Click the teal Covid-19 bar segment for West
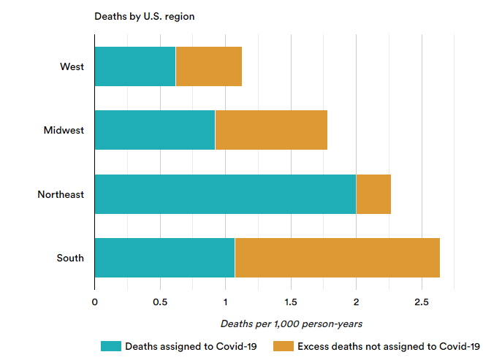point(134,66)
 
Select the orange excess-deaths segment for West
point(208,66)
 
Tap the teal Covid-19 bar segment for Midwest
point(154,130)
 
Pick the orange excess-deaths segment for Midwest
point(271,130)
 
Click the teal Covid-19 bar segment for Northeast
point(225,194)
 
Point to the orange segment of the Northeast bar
point(373,194)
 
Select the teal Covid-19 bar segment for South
point(164,258)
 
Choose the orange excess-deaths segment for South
point(338,258)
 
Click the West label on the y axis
point(72,66)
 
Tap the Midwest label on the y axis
point(64,131)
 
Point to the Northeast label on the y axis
point(61,194)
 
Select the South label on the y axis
point(70,258)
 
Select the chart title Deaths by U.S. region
point(144,16)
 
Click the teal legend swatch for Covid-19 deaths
point(110,346)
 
